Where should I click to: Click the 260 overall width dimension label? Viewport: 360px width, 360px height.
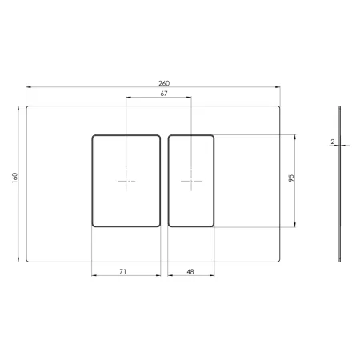[x=164, y=83]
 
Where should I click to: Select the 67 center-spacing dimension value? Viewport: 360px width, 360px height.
[x=164, y=94]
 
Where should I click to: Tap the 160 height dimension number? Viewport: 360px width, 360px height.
[x=14, y=178]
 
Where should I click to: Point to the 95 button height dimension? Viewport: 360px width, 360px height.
[x=291, y=178]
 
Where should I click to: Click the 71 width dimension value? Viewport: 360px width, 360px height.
[x=122, y=271]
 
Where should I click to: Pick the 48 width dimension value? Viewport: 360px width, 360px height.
[x=190, y=272]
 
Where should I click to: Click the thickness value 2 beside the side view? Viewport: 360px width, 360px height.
[x=332, y=142]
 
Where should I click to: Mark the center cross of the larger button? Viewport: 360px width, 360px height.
[x=126, y=181]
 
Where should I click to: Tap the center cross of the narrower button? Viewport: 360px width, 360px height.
[x=191, y=181]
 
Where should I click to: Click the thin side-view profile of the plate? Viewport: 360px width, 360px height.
[x=339, y=184]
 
